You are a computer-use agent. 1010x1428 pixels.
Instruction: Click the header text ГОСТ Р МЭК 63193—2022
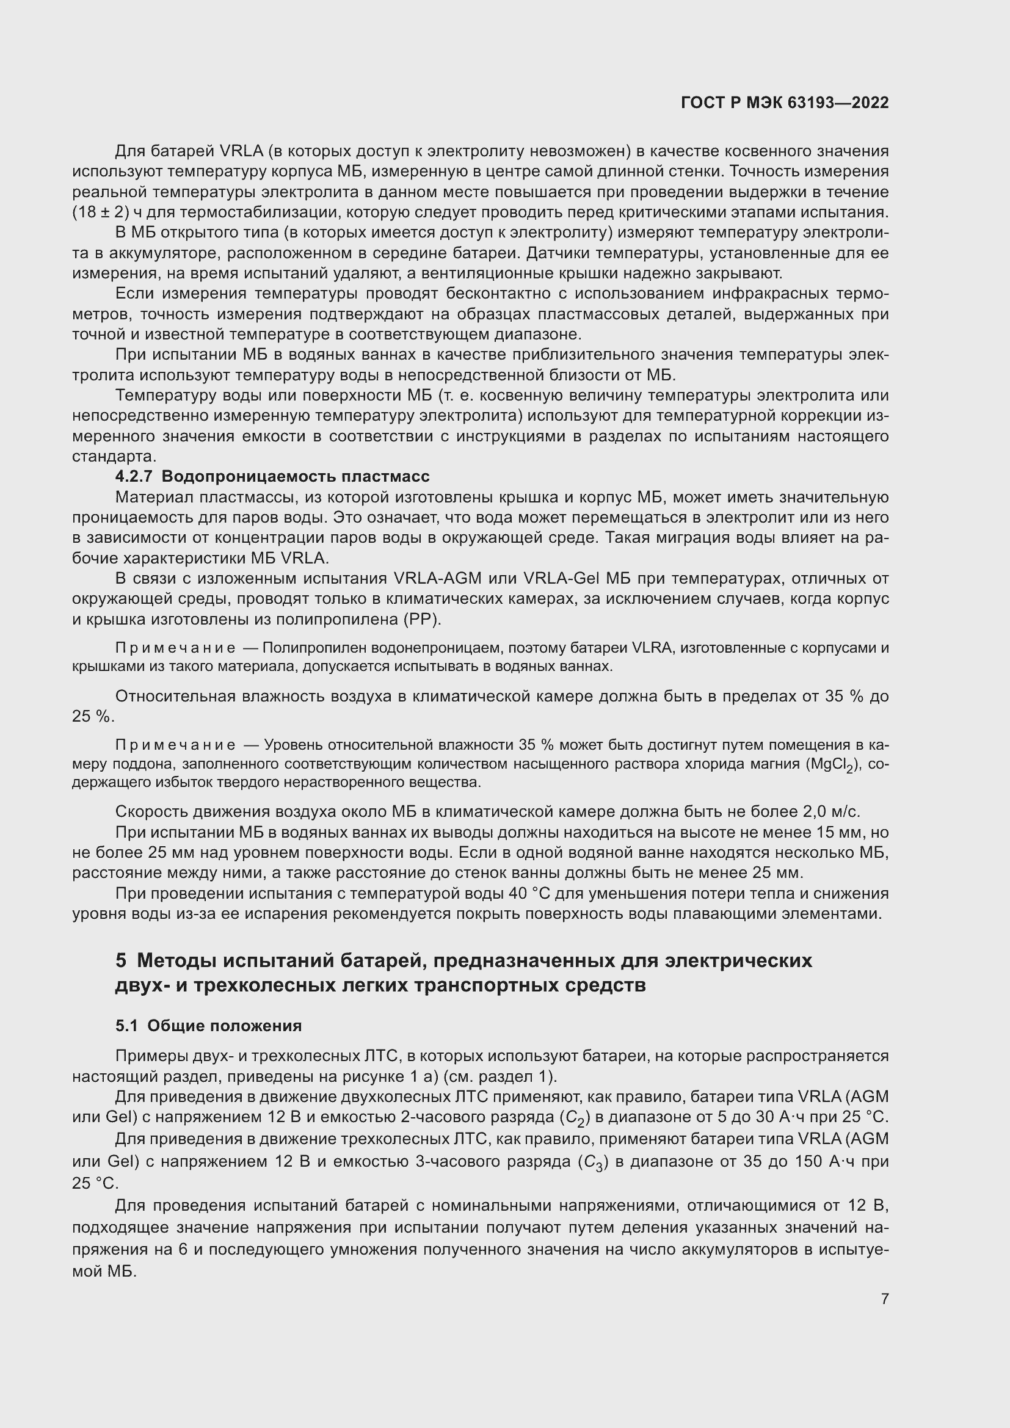[x=785, y=103]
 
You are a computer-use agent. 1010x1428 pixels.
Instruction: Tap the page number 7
[x=884, y=1299]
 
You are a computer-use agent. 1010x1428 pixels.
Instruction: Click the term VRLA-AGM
[x=438, y=578]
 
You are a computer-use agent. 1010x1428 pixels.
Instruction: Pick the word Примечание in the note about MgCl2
[x=175, y=745]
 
